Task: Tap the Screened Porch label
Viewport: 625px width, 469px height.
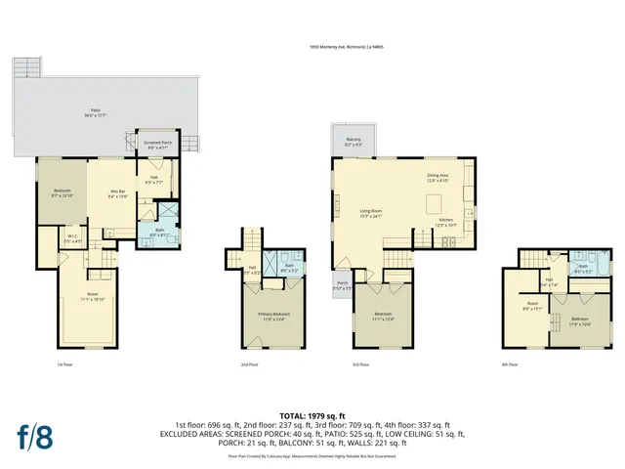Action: (158, 145)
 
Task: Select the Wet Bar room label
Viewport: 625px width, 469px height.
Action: (116, 193)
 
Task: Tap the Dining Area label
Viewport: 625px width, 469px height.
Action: (437, 178)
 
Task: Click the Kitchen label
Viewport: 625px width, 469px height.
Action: (445, 223)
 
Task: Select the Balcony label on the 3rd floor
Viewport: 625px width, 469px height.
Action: (354, 142)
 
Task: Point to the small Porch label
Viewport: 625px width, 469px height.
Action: (343, 286)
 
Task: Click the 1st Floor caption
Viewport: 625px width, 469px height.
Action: (64, 364)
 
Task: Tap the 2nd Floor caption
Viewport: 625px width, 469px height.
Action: (251, 364)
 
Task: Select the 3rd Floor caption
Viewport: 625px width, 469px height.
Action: (360, 364)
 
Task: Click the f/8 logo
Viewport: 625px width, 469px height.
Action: (34, 436)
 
